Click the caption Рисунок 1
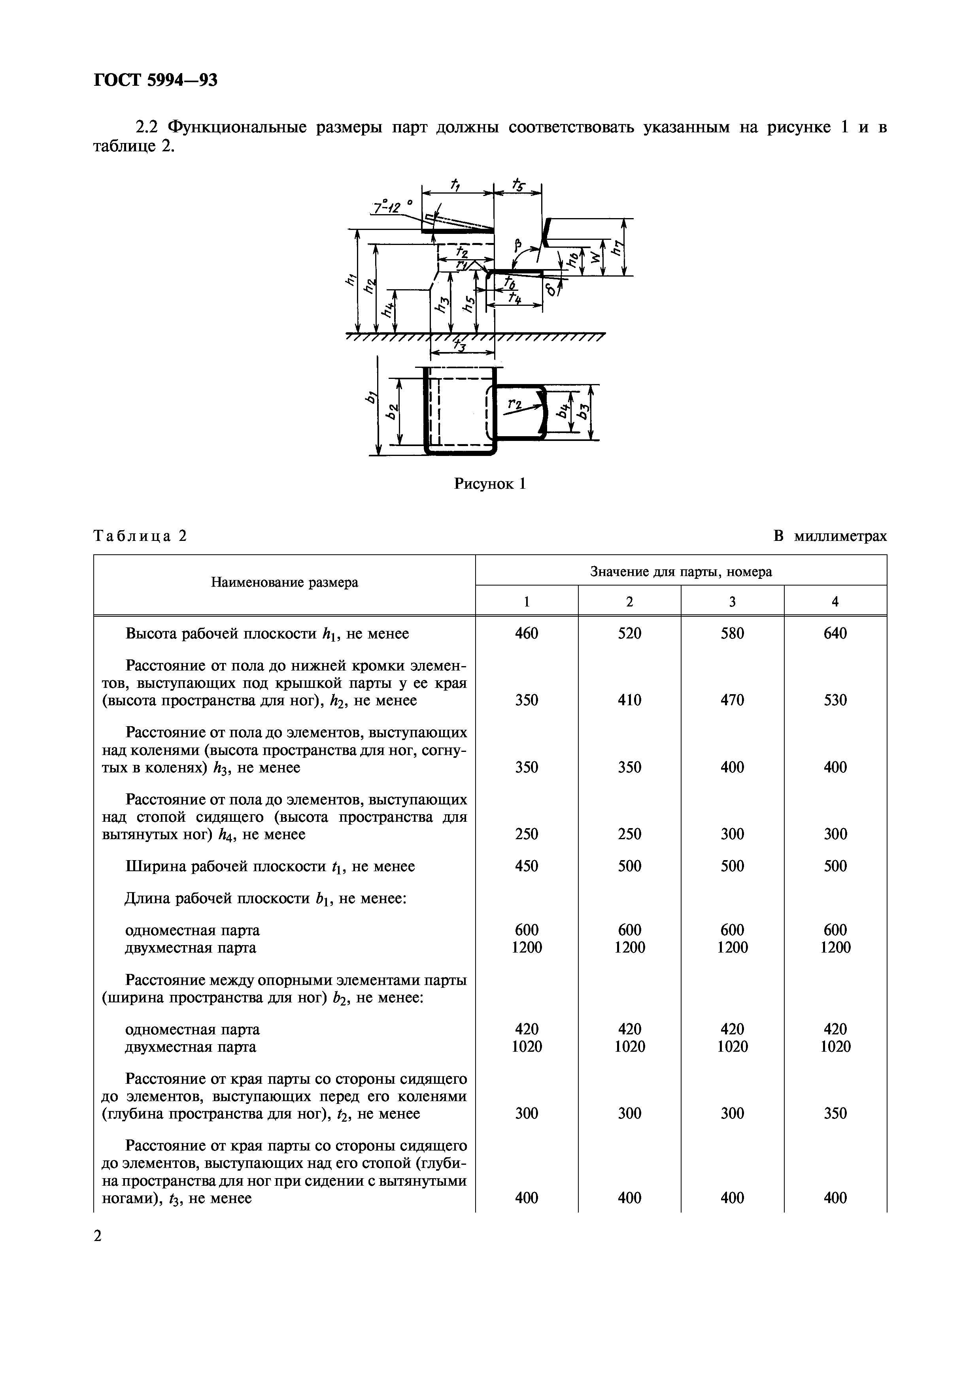pos(490,484)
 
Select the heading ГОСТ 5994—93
pos(155,80)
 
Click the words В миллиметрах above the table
pos(830,536)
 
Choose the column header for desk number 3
pos(733,601)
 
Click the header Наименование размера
pos(284,582)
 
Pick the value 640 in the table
pos(835,633)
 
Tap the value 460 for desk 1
pos(527,633)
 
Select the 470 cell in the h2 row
pos(733,700)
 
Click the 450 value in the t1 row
pos(527,866)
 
